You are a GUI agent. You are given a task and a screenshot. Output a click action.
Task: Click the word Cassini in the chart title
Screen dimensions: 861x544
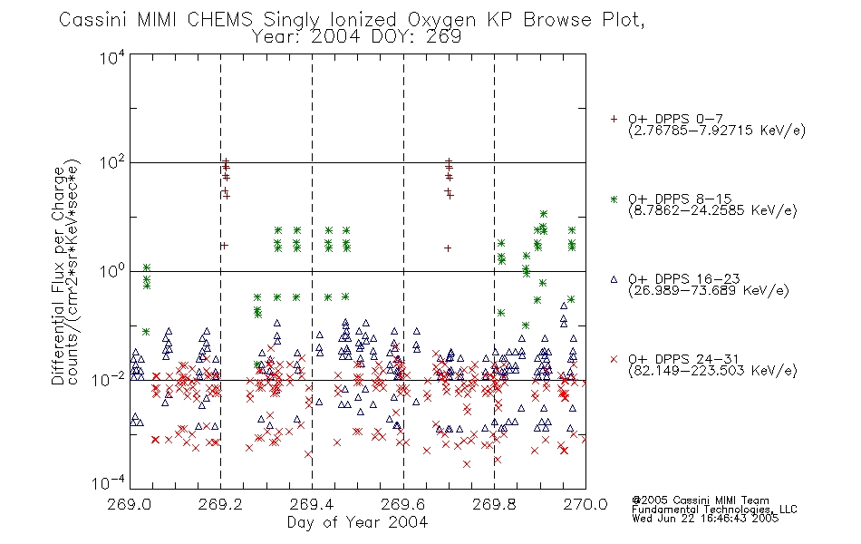coord(92,20)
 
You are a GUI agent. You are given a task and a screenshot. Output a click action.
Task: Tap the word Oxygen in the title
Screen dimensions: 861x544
coord(441,21)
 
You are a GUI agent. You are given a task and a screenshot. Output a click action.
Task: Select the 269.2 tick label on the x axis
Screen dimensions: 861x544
coord(220,504)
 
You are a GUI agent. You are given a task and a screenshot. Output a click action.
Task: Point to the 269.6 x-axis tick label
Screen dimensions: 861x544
coord(403,504)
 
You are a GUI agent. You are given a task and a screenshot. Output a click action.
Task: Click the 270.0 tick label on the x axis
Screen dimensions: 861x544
coord(585,504)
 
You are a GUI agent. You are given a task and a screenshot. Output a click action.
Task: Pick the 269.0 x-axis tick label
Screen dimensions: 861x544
coord(130,504)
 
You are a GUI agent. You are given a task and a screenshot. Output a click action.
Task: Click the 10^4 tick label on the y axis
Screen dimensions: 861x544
coord(112,57)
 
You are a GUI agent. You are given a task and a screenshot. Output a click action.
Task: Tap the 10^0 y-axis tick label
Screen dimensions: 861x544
coord(112,271)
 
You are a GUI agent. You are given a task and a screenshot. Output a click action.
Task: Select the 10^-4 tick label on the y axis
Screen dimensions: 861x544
coord(108,483)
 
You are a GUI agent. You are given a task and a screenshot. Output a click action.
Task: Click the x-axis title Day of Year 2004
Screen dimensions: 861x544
coord(357,522)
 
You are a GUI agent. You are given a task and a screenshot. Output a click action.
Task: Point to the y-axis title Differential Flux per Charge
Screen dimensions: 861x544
coord(59,276)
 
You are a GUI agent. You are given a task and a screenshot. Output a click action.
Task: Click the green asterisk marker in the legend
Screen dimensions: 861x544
coord(614,199)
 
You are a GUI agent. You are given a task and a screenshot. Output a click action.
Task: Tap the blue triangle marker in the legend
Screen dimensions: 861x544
coord(614,279)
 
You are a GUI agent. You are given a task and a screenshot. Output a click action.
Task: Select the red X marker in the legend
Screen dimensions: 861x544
coord(614,359)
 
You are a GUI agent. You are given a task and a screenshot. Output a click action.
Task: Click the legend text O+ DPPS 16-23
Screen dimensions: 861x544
coord(684,279)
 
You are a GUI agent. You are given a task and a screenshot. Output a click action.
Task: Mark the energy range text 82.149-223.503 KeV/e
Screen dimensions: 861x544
coord(712,371)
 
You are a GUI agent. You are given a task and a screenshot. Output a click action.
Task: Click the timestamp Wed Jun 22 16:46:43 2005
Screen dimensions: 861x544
coord(705,519)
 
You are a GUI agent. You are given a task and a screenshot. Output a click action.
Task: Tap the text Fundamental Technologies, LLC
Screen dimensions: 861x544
coord(714,510)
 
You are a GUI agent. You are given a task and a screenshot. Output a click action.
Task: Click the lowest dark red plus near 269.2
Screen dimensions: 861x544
coord(224,245)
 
